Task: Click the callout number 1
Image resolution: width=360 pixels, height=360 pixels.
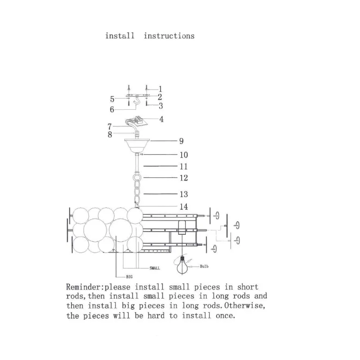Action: click(x=161, y=89)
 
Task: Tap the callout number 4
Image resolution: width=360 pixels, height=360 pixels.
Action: click(x=161, y=119)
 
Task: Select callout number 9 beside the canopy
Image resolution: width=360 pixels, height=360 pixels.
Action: click(x=181, y=141)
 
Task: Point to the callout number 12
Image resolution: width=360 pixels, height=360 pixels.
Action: click(x=184, y=178)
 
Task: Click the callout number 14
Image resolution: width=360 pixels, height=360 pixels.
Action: click(x=184, y=207)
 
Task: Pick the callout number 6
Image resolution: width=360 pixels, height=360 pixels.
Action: click(x=112, y=109)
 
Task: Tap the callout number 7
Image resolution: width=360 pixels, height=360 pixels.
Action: click(x=109, y=127)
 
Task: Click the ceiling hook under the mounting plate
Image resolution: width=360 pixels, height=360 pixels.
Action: click(x=137, y=101)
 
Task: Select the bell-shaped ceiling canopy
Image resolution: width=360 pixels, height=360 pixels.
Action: click(x=137, y=146)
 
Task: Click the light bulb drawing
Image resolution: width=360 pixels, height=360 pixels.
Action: click(x=182, y=266)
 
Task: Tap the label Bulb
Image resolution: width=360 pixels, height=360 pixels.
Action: click(x=204, y=266)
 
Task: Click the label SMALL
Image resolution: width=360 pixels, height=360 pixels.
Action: click(x=155, y=268)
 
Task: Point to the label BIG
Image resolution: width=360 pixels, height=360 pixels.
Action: click(x=129, y=276)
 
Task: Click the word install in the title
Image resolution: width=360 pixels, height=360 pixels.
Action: click(x=120, y=36)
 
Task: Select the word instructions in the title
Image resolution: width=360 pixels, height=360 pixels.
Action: click(x=169, y=36)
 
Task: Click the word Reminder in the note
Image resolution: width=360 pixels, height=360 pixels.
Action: click(x=84, y=287)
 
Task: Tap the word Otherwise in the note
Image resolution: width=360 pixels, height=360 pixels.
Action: click(x=245, y=306)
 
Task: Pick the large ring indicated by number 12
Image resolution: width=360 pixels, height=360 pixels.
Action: click(x=138, y=178)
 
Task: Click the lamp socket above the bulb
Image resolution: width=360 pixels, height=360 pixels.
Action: click(x=182, y=227)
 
